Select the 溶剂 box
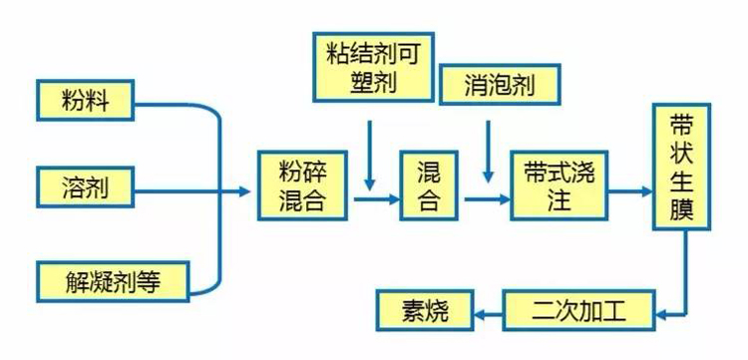85,185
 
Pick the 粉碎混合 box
303,186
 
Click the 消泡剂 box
499,86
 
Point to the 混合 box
428,186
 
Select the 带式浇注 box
560,186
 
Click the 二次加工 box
579,311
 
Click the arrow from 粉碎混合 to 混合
375,199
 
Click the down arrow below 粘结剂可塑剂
370,155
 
